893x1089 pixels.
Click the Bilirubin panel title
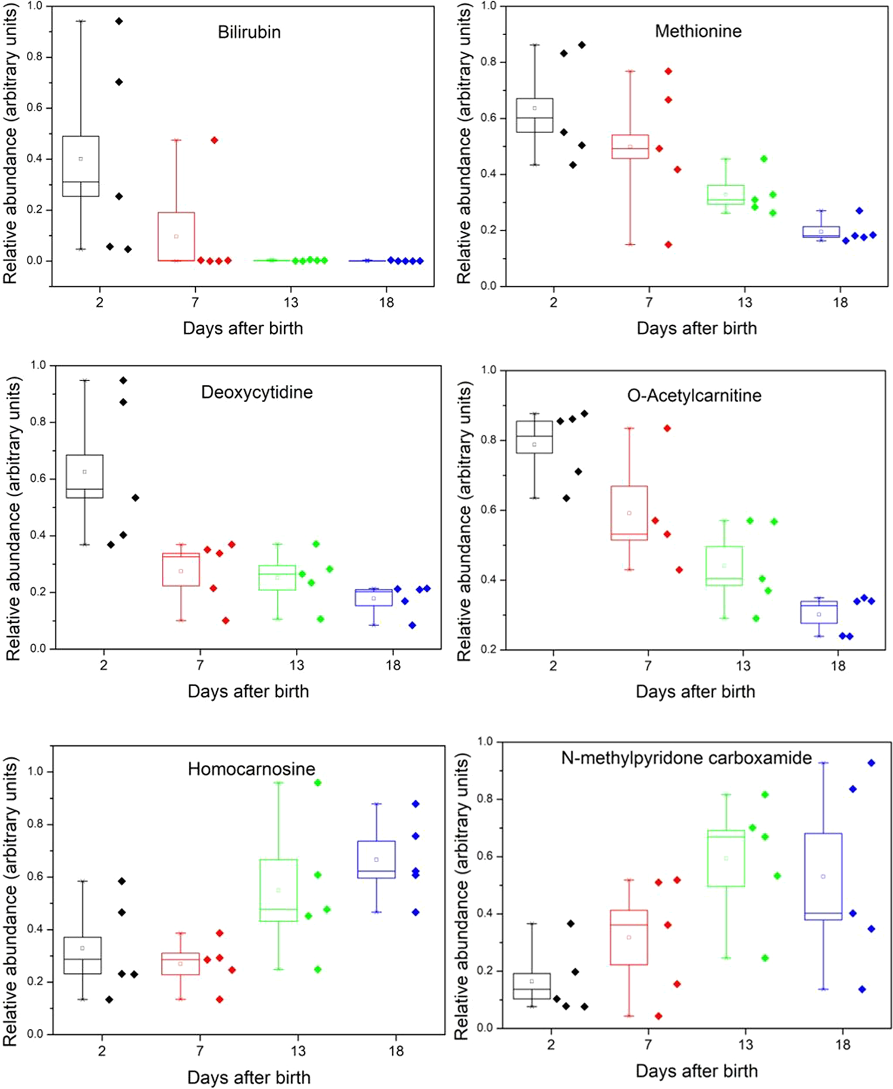pyautogui.click(x=249, y=32)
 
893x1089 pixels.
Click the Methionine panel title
pyautogui.click(x=698, y=31)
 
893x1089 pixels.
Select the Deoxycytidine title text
pyautogui.click(x=257, y=392)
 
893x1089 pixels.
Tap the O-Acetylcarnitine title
pyautogui.click(x=694, y=396)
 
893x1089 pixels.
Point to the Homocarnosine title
pyautogui.click(x=251, y=769)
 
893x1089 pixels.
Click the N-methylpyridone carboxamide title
pyautogui.click(x=686, y=758)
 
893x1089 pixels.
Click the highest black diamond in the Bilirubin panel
pyautogui.click(x=119, y=21)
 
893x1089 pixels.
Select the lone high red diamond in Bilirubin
pyautogui.click(x=214, y=141)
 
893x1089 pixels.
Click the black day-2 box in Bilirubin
pyautogui.click(x=81, y=166)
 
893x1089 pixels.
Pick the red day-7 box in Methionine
pyautogui.click(x=630, y=147)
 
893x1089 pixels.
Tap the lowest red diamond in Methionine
pyautogui.click(x=668, y=244)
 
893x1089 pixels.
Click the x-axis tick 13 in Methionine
pyautogui.click(x=744, y=303)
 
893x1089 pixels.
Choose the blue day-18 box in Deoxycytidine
pyautogui.click(x=374, y=598)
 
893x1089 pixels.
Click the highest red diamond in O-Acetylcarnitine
pyautogui.click(x=667, y=428)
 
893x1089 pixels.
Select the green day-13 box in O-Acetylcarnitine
pyautogui.click(x=724, y=566)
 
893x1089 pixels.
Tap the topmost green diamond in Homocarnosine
pyautogui.click(x=318, y=783)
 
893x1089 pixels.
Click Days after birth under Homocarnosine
pyautogui.click(x=249, y=1078)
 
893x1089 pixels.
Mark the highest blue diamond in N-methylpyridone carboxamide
pyautogui.click(x=872, y=763)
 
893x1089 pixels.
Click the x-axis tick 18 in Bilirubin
pyautogui.click(x=386, y=303)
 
